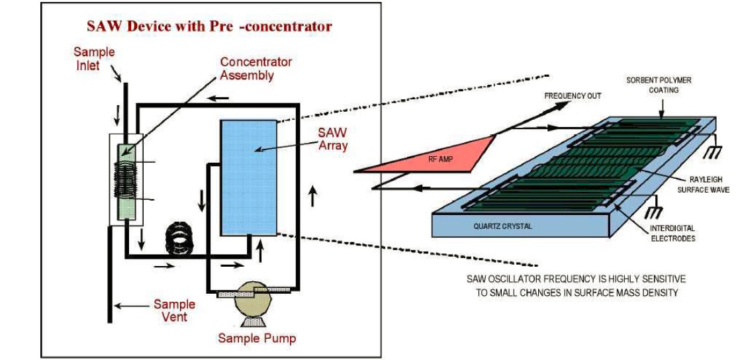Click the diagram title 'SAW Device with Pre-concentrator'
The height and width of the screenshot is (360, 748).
point(210,26)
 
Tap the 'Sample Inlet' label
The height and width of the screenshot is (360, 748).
point(93,58)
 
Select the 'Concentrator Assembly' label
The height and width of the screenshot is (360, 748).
point(256,68)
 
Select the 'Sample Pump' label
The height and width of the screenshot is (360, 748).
point(257,338)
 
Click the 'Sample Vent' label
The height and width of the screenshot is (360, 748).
point(174,310)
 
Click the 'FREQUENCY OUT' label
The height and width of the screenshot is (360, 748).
point(573,96)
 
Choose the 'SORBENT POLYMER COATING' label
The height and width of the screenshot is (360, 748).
point(659,85)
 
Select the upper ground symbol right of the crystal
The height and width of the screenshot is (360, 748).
point(711,153)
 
